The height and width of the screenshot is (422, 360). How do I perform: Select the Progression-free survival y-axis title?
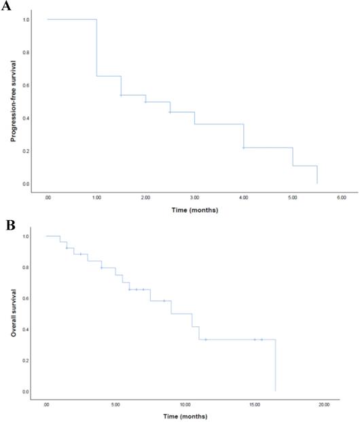coord(14,101)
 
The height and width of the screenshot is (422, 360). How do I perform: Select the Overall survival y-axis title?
coord(14,314)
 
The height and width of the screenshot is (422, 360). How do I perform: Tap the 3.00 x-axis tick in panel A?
coord(194,197)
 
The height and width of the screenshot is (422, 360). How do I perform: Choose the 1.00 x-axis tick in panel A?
coord(96,197)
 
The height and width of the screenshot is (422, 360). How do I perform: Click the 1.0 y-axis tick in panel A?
coord(25,20)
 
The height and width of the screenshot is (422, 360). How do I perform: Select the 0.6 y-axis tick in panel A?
coord(25,86)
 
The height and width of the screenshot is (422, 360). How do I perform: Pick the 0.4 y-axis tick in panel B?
coord(25,330)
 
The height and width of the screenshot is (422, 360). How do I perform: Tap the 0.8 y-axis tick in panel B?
coord(25,268)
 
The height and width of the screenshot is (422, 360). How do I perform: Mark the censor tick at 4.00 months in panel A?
coord(243,147)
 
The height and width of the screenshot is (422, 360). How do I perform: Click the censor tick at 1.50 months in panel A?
coord(121,95)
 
